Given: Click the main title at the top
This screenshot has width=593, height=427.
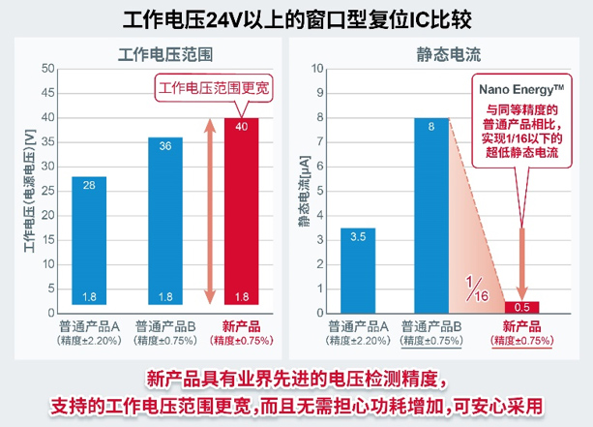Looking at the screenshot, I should coord(296,18).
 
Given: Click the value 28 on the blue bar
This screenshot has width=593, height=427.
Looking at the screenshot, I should coord(88,185).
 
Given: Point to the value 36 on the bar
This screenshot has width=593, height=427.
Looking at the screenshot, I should coord(164,145).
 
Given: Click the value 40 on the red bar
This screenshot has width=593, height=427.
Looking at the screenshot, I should coord(241,127).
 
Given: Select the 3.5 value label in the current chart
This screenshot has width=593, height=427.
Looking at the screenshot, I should coord(357,236).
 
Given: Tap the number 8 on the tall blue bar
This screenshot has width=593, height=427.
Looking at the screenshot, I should coord(431,126).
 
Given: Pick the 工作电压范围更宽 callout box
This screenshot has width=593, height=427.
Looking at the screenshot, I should coord(215,88).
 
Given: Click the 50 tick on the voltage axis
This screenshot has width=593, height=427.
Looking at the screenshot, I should coord(45,69).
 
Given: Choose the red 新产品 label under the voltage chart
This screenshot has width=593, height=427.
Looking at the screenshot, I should coord(241,325).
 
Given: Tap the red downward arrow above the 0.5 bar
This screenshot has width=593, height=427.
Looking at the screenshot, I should coord(521,261).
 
